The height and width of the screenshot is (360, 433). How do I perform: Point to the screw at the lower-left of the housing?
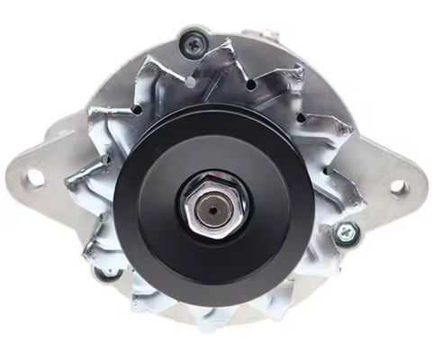[x=107, y=273]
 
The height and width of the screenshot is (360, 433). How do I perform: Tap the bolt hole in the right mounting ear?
[x=397, y=187]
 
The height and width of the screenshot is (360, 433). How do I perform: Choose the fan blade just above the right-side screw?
[x=342, y=202]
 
